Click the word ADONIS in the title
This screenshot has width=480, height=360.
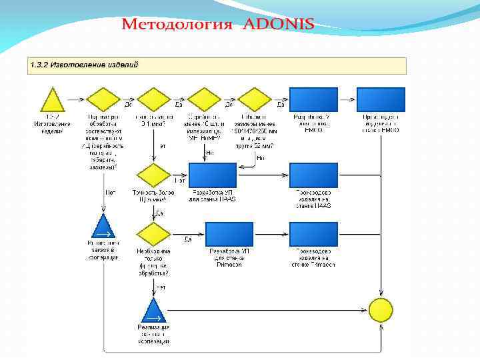[x=279, y=25]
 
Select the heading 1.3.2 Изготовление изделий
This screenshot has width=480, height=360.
[x=84, y=65]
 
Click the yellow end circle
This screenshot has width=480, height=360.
[x=381, y=310]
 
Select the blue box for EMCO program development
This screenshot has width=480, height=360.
[x=313, y=99]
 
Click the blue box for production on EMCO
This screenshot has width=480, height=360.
[x=381, y=99]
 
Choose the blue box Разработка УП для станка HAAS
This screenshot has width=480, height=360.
[x=213, y=175]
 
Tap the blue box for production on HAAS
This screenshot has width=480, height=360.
[x=313, y=175]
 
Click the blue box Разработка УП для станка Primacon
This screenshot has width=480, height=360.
[x=229, y=234]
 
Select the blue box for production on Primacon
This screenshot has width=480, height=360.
[x=313, y=234]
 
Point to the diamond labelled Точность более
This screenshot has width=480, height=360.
[x=154, y=175]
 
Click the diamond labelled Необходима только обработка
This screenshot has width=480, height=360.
[x=154, y=234]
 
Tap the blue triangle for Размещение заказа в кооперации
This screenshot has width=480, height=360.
[x=103, y=226]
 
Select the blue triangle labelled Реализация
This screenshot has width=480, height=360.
[x=154, y=310]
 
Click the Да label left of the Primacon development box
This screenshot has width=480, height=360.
[x=188, y=239]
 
